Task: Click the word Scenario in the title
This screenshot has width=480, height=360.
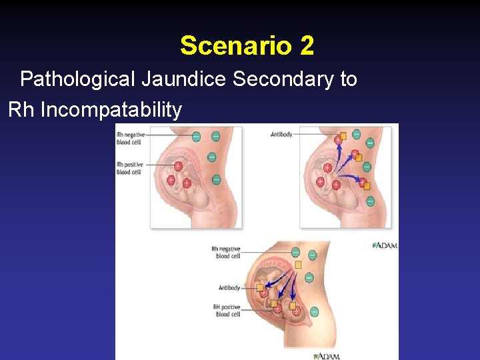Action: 235,46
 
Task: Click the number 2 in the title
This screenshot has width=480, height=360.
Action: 307,46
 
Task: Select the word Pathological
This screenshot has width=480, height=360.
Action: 79,79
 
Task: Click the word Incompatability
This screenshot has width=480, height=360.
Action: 111,109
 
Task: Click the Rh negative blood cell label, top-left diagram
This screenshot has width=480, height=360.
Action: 130,137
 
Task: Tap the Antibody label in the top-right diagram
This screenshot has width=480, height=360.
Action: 281,134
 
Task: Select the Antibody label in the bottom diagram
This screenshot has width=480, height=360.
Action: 229,288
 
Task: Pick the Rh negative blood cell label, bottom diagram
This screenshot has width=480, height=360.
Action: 225,252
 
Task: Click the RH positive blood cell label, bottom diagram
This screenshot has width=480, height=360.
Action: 226,310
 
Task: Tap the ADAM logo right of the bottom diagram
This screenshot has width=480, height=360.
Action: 385,245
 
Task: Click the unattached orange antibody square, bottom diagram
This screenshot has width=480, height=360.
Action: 298,265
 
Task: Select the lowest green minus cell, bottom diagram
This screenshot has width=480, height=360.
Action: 313,311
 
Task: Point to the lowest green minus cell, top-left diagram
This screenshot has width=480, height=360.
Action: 216,179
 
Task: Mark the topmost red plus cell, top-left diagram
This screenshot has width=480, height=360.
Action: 179,166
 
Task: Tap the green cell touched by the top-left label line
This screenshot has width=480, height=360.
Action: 196,137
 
